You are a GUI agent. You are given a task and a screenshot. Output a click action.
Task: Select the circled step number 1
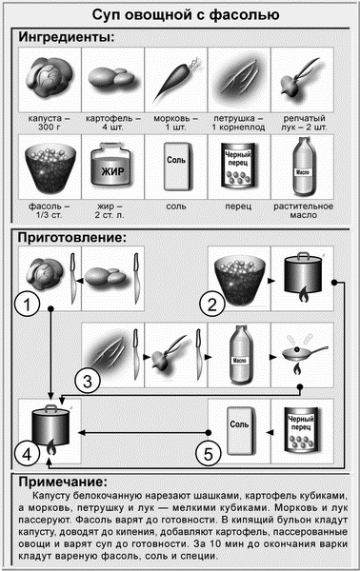click(32, 305)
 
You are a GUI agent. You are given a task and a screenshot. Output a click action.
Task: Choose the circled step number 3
click(88, 382)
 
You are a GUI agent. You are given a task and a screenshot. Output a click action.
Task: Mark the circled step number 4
click(30, 453)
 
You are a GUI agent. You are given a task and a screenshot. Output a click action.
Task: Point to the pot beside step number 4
click(53, 429)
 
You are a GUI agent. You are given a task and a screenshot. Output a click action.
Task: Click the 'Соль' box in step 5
click(241, 429)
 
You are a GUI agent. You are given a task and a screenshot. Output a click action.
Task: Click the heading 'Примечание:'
click(67, 483)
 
